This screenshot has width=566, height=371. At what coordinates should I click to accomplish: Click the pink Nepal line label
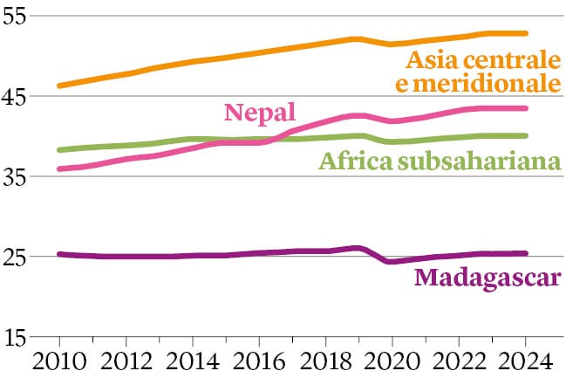tap(261, 112)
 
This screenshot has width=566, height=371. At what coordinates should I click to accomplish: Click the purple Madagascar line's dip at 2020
tap(392, 261)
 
